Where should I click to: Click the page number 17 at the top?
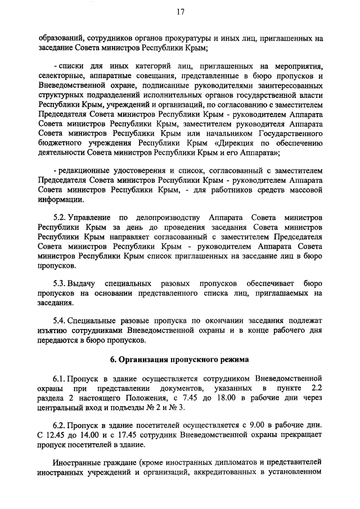click(180, 11)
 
